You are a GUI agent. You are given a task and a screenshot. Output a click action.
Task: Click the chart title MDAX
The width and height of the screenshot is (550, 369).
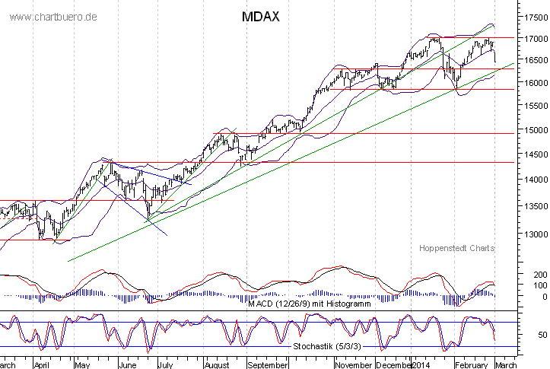(x=260, y=16)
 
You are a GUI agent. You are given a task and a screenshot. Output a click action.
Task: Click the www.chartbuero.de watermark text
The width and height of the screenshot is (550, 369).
(x=53, y=17)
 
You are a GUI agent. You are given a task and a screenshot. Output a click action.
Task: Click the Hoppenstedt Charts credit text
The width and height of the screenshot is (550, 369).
(x=456, y=248)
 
